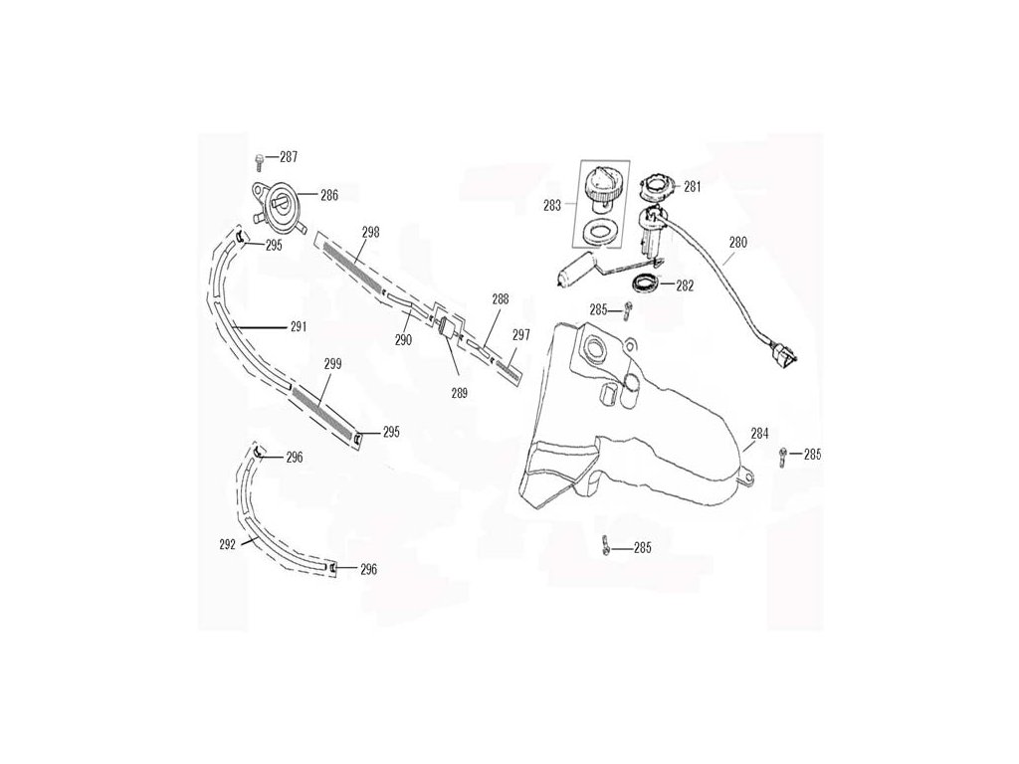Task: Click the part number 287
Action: (288, 157)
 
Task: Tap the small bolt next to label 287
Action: (260, 161)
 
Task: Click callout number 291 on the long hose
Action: (298, 326)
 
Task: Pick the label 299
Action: (333, 364)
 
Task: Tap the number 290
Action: (403, 340)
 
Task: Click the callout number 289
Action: (459, 392)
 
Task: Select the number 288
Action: (501, 298)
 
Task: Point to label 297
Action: (520, 335)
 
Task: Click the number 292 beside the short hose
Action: (227, 544)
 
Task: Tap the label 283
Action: (552, 205)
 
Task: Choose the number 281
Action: (693, 185)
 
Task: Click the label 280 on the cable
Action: (738, 241)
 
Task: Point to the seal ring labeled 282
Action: (646, 283)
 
